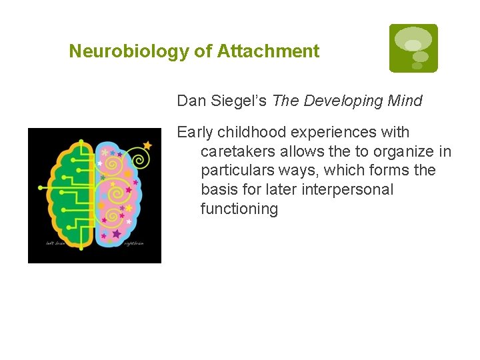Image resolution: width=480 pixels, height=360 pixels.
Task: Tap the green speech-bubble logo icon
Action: (413, 48)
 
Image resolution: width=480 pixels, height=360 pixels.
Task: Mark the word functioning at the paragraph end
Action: (239, 209)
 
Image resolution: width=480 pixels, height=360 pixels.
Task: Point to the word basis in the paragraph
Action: (219, 189)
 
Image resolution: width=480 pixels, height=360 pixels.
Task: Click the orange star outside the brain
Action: (147, 145)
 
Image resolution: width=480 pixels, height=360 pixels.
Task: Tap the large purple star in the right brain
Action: (117, 233)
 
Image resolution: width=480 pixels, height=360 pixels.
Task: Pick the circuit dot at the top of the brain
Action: (81, 141)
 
